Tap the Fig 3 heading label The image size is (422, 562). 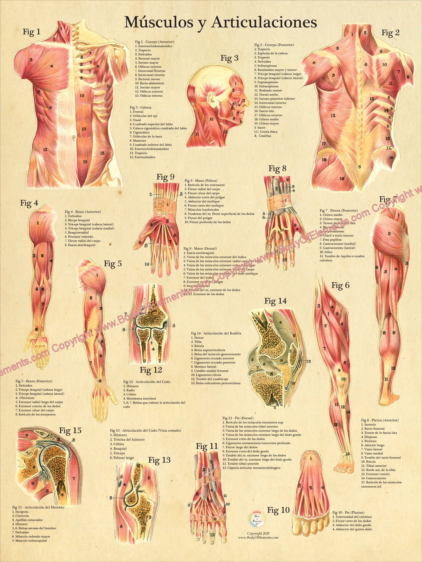click(x=229, y=58)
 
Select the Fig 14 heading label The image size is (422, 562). click(x=275, y=301)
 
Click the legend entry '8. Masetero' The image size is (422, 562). click(x=138, y=140)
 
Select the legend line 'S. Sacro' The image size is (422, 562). click(x=260, y=128)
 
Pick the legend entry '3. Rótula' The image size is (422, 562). click(x=197, y=346)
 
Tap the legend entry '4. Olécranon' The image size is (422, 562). click(x=25, y=398)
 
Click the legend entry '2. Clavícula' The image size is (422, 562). click(x=21, y=516)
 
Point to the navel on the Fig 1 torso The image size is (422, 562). click(x=74, y=138)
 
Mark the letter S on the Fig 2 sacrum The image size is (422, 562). click(x=359, y=167)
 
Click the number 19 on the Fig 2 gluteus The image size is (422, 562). click(x=342, y=179)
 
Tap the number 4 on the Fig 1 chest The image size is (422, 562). click(x=52, y=66)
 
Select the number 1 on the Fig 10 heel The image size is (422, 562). click(x=311, y=459)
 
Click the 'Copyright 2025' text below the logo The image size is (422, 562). click(x=258, y=533)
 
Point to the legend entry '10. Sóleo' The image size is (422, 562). click(x=326, y=252)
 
